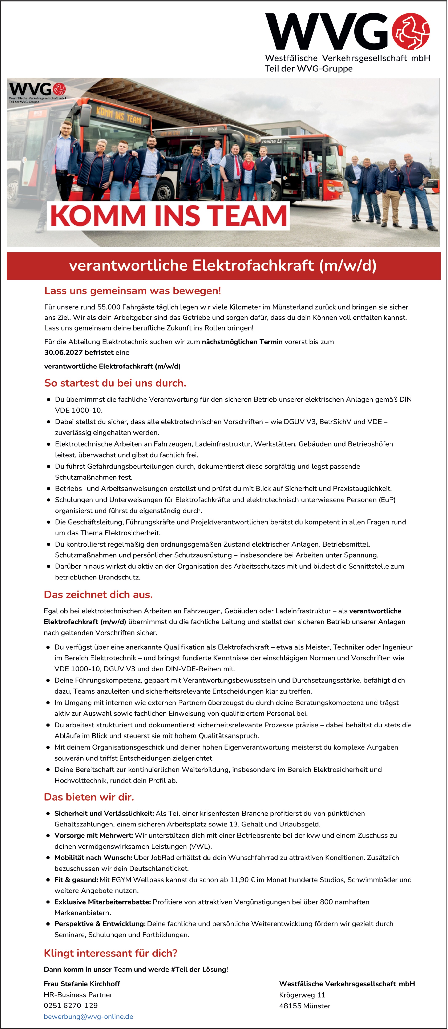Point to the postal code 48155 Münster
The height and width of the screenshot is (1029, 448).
304,1006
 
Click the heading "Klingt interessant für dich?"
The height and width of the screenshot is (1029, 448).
110,953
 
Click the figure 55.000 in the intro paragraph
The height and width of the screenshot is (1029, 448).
109,307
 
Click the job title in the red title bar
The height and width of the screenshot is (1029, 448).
223,266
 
